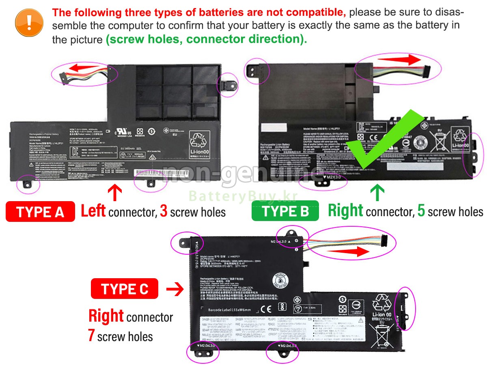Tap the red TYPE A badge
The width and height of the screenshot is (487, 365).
tap(40, 212)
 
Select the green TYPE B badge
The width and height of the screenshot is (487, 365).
tap(286, 211)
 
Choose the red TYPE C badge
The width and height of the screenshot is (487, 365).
tap(125, 289)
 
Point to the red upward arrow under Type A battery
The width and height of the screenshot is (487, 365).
tap(115, 192)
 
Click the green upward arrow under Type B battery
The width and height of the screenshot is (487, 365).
tap(377, 192)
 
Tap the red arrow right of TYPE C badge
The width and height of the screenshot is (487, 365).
tap(175, 290)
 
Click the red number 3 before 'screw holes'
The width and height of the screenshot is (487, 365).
tap(164, 212)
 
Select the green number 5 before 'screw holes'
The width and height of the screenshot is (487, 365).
tap(421, 212)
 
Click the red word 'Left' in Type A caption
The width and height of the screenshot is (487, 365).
tap(93, 211)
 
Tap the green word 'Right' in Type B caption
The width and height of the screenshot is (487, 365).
tap(345, 211)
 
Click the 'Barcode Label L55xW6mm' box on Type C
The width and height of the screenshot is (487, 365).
tap(230, 310)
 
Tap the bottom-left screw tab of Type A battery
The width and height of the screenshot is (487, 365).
tap(28, 184)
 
